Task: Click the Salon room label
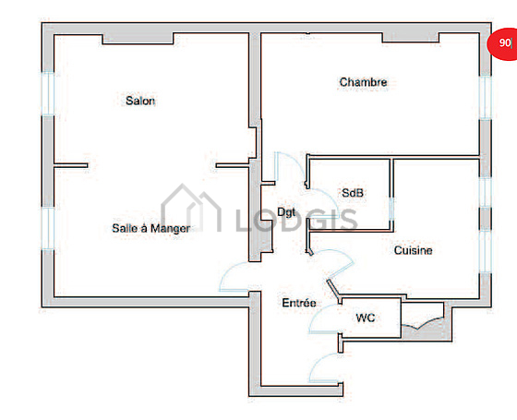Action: pos(140,101)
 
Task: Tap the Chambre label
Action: pos(363,82)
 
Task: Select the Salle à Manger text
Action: pos(151,228)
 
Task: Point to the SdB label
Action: pos(353,193)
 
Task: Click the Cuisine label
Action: pos(414,250)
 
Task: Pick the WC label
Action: pos(366,318)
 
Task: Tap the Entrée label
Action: pos(299,303)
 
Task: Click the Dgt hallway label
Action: pos(286,212)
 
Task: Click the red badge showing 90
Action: pos(503,42)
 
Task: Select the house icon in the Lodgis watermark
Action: pos(190,209)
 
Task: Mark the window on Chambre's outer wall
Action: pos(485,97)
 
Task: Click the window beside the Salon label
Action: pos(48,93)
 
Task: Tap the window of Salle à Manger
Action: pos(48,228)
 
